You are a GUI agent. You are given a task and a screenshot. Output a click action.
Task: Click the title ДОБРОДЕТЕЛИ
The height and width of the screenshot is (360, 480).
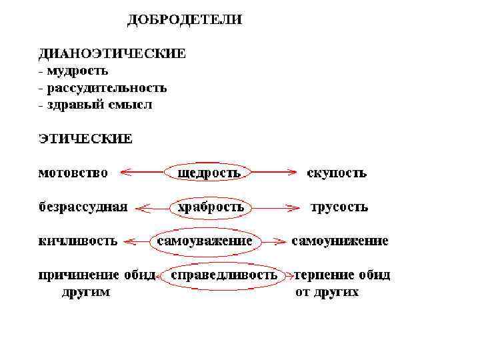(185, 20)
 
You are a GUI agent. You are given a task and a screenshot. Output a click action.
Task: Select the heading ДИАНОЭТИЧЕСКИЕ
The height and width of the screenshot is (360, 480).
(111, 53)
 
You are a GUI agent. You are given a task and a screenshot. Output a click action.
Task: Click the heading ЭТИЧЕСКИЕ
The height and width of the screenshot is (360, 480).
(85, 139)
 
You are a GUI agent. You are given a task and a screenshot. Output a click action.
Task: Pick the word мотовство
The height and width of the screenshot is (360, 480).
(73, 173)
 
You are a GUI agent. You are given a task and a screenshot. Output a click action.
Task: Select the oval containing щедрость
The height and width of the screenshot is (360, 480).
(208, 173)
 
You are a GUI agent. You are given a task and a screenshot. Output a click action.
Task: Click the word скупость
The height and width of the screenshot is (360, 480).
(337, 173)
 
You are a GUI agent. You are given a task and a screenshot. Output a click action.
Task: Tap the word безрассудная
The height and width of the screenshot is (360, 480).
(82, 207)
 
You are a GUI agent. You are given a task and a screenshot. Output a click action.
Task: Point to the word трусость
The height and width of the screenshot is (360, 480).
(339, 207)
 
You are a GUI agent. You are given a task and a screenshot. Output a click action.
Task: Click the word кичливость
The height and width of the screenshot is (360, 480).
(77, 241)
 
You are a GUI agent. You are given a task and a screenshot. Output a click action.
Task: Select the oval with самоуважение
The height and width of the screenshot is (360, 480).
(204, 241)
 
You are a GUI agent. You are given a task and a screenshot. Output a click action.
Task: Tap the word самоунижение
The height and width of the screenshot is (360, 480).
(340, 241)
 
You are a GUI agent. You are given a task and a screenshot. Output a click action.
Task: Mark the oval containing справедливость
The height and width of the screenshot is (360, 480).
(224, 275)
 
